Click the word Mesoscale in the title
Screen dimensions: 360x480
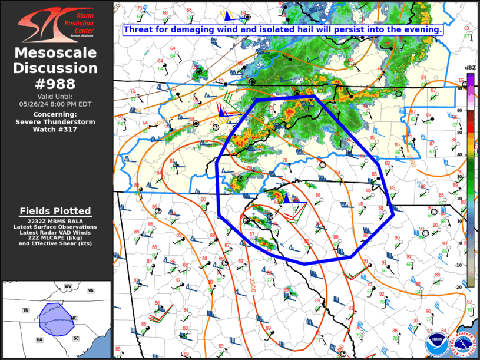56,54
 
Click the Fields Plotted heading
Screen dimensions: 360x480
55,211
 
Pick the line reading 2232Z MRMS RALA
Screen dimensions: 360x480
56,221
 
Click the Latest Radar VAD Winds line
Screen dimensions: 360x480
56,232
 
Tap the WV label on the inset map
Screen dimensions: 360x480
68,286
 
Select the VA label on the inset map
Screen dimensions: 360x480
91,290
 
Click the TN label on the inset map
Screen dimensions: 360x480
25,310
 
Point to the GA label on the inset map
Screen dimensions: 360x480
39,339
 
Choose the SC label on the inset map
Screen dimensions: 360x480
76,338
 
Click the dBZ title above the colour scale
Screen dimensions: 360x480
470,68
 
